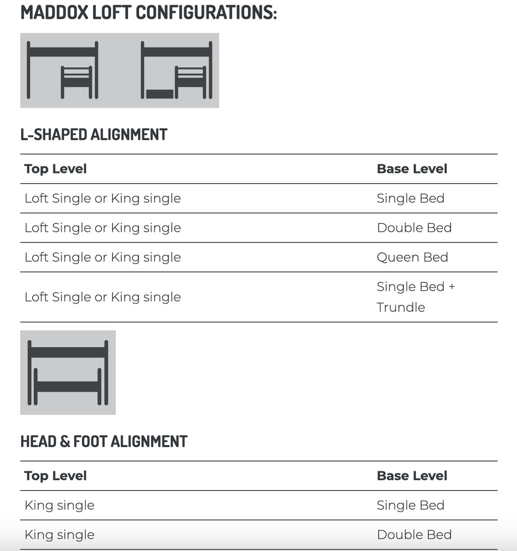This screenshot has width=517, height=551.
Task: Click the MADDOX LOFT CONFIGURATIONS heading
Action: [x=149, y=13]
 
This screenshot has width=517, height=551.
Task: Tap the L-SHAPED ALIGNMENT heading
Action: [x=93, y=135]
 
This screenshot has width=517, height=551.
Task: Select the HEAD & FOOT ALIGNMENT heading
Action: [x=104, y=441]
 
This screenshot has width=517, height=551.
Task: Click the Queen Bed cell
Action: [x=412, y=257]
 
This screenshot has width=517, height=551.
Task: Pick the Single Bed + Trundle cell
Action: [x=415, y=297]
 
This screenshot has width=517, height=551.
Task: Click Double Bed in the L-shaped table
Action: [x=414, y=228]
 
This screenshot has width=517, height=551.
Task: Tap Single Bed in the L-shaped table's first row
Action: [x=410, y=198]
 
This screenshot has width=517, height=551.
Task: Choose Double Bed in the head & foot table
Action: [x=414, y=535]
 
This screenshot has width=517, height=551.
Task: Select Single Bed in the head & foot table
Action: [x=410, y=505]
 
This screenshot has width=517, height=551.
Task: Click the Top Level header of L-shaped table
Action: [x=56, y=169]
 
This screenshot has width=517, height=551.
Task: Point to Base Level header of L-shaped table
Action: [x=412, y=169]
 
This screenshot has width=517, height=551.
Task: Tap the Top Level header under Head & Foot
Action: [x=56, y=476]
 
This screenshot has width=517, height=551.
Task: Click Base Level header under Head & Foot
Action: [x=412, y=476]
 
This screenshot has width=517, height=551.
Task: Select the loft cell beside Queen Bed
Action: [x=103, y=257]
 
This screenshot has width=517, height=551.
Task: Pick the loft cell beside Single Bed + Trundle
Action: [x=103, y=297]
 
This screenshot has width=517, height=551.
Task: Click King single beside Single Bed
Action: [x=59, y=505]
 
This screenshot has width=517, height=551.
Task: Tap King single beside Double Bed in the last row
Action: [x=59, y=535]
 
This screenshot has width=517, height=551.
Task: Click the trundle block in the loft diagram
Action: [x=159, y=94]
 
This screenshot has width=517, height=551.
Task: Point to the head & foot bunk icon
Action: [x=68, y=373]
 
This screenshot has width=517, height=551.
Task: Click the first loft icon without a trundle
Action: [x=62, y=70]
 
